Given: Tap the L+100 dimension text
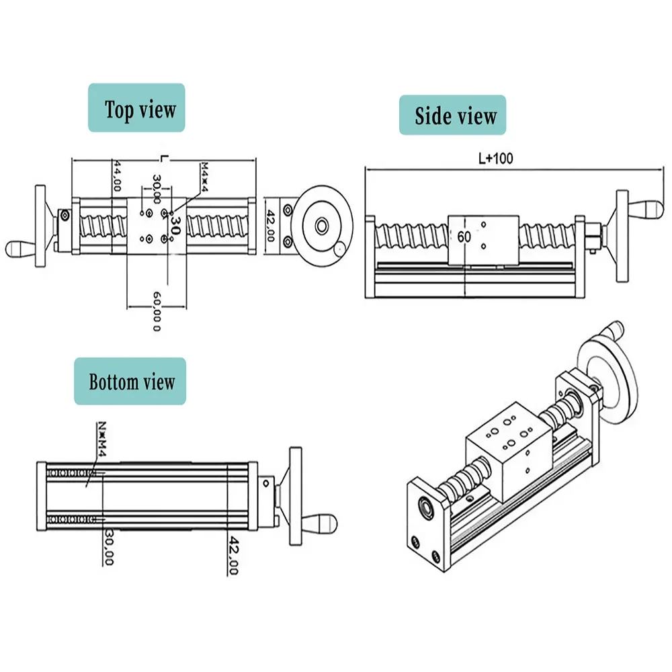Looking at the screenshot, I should pos(495,159).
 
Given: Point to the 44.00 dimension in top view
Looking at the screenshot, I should pos(117,177).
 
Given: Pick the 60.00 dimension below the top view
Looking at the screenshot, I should pos(156,311).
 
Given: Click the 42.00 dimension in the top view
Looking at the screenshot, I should pos(271,226).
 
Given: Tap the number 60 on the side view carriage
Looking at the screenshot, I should pos(464,236).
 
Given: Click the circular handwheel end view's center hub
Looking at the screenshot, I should pos(321,226).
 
